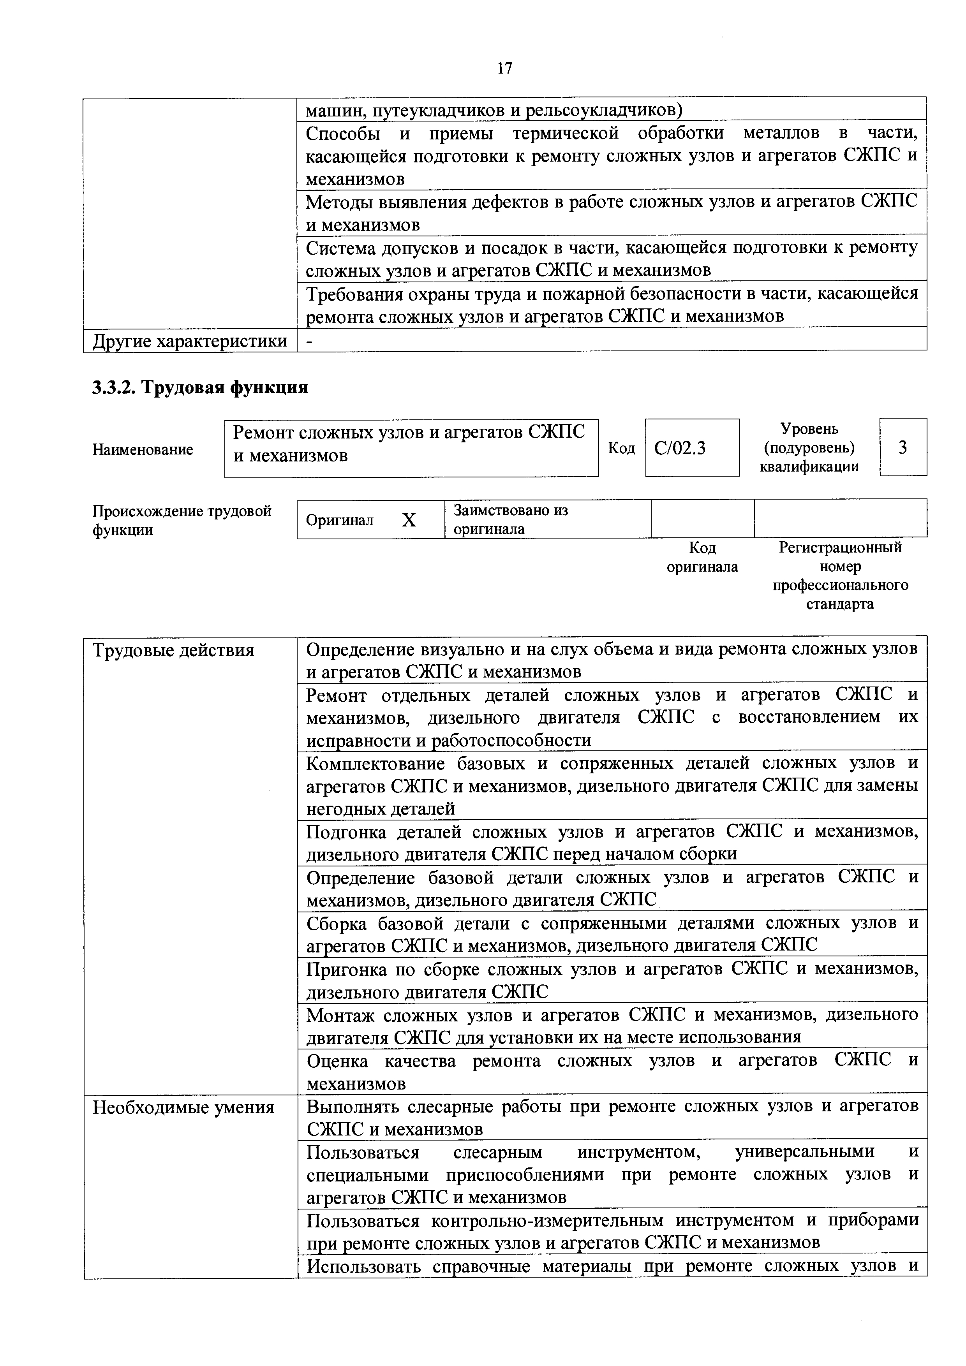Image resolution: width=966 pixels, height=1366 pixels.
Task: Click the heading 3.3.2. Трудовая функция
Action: coord(200,388)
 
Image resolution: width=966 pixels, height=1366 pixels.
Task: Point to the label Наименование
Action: coord(143,449)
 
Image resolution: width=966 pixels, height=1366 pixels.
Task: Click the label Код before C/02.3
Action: coord(621,448)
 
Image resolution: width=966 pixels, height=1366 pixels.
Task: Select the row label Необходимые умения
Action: coord(183,1107)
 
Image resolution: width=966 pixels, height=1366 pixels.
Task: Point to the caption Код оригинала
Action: coord(702,557)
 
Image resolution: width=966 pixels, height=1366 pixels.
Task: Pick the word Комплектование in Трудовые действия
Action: coord(375,763)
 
